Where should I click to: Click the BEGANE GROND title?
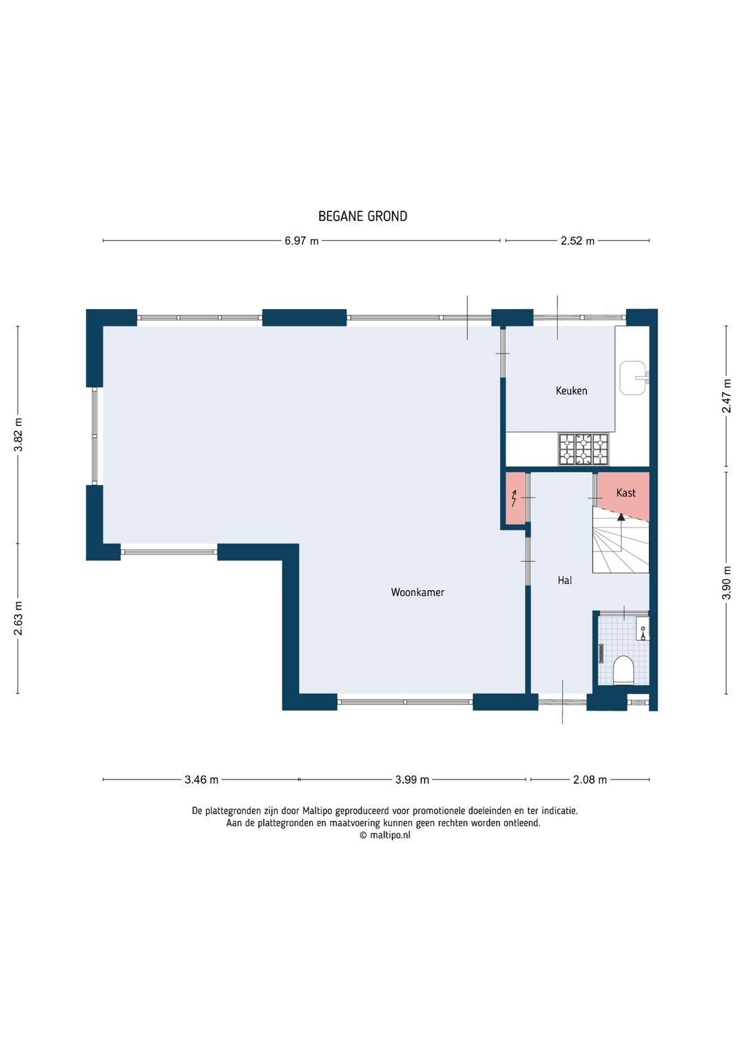click(x=362, y=216)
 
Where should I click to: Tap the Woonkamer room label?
click(x=417, y=592)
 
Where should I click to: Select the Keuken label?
click(x=571, y=391)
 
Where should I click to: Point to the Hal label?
click(x=565, y=581)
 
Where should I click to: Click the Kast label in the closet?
click(x=626, y=492)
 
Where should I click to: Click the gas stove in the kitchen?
click(x=583, y=449)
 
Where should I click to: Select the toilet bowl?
click(x=624, y=670)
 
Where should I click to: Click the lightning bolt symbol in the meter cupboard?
click(x=514, y=498)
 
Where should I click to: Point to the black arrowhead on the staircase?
click(x=621, y=517)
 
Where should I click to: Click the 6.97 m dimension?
click(x=301, y=240)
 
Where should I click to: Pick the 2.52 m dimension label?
click(x=577, y=240)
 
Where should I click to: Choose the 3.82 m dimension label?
click(x=19, y=434)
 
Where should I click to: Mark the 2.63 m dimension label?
click(x=19, y=618)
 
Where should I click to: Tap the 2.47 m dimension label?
click(x=726, y=395)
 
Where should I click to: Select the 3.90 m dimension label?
click(x=726, y=582)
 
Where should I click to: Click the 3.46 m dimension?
click(x=201, y=780)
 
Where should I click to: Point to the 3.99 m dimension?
click(x=412, y=780)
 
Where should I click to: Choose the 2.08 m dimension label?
click(x=590, y=780)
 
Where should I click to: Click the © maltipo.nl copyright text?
click(x=385, y=835)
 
